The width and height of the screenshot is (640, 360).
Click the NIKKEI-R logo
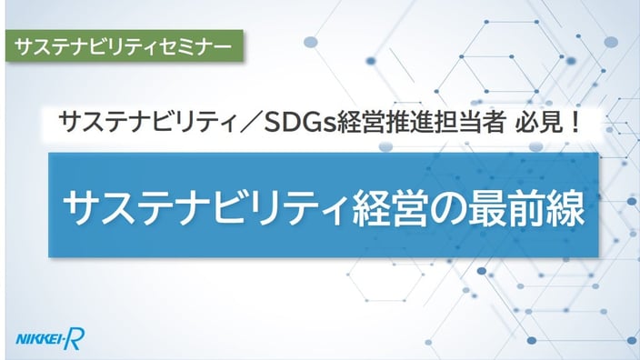(x=50, y=339)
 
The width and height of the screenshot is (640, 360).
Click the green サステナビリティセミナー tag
(x=125, y=45)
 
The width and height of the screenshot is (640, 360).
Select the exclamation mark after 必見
(x=575, y=123)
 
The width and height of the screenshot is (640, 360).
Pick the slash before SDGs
(x=251, y=123)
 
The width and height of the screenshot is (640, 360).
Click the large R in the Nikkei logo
(x=75, y=339)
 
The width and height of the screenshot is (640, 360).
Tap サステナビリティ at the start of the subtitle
(x=148, y=123)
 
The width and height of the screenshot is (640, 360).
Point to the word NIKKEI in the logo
(x=38, y=340)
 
